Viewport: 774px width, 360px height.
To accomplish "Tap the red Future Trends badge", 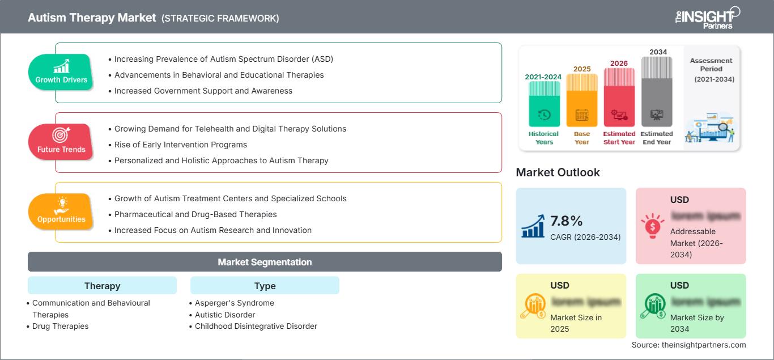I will pyautogui.click(x=61, y=142).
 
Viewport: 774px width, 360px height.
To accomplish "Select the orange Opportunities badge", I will pyautogui.click(x=61, y=212).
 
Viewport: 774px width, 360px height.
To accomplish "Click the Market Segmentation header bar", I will pyautogui.click(x=265, y=262).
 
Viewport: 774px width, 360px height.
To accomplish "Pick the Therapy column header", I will pyautogui.click(x=102, y=286).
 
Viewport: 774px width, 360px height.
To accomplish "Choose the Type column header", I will pyautogui.click(x=265, y=286).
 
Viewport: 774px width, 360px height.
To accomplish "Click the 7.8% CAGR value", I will pyautogui.click(x=567, y=221).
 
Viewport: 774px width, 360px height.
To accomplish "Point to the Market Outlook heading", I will pyautogui.click(x=558, y=172).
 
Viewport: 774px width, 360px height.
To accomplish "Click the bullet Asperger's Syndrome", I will pyautogui.click(x=234, y=303).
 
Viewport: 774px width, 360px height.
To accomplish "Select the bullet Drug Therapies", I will pyautogui.click(x=60, y=326).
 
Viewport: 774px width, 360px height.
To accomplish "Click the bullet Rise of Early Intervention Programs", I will pyautogui.click(x=180, y=145).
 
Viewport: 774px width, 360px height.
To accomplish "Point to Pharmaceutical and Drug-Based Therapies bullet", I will pyautogui.click(x=195, y=214).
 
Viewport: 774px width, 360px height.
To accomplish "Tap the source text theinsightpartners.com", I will pyautogui.click(x=688, y=345).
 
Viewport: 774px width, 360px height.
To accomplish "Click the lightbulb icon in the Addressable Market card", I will pyautogui.click(x=652, y=226).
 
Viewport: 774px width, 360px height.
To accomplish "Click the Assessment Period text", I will pyautogui.click(x=711, y=65).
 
